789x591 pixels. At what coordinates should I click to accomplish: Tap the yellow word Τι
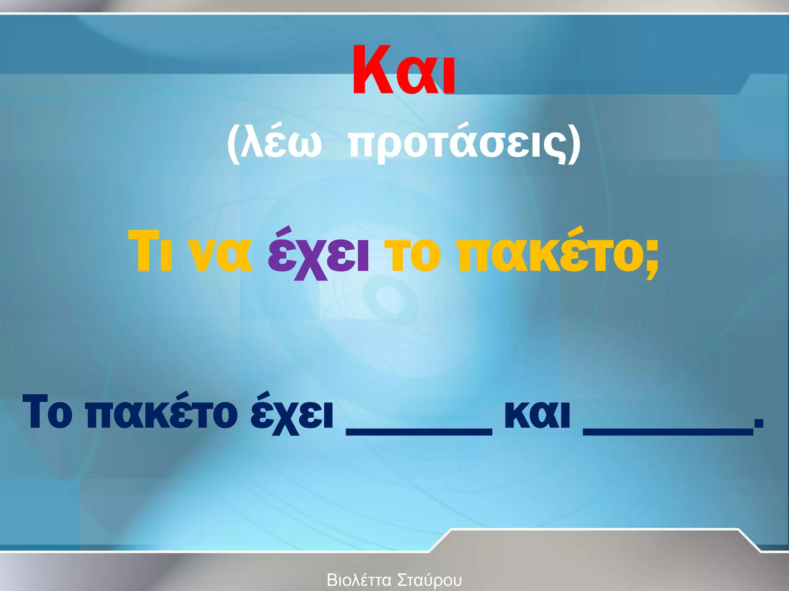(150, 252)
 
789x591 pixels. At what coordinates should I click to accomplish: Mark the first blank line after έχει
(419, 432)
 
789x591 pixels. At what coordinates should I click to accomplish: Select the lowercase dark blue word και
(537, 414)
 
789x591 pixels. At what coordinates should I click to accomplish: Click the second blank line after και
(668, 432)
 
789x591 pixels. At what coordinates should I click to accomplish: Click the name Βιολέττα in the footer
(359, 580)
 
